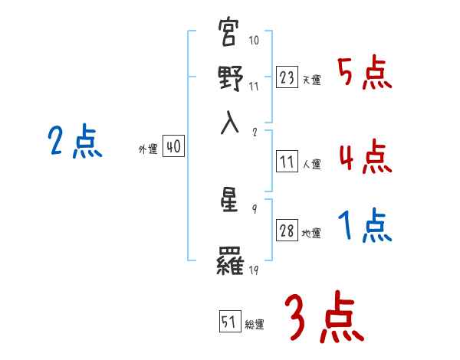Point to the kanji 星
tap(231, 202)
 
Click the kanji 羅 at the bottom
tap(231, 263)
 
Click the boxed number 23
tap(287, 77)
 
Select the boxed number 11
tap(287, 162)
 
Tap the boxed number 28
tap(287, 231)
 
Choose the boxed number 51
tap(229, 322)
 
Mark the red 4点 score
tap(364, 157)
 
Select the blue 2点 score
tap(75, 142)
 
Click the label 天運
tap(311, 80)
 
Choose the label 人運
tap(311, 164)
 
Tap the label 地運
tap(311, 234)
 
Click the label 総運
tap(254, 325)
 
